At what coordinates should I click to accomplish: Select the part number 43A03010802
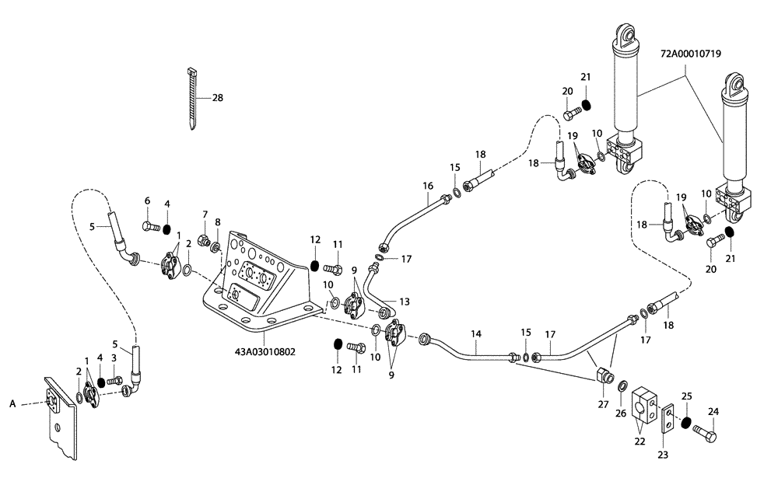point(265,351)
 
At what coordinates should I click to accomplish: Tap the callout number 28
point(217,98)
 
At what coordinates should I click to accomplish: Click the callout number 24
point(713,412)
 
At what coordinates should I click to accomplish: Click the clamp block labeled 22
point(646,405)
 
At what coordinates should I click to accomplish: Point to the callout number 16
point(427,186)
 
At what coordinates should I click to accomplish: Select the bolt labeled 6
point(150,227)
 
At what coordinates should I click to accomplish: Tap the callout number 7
point(205,214)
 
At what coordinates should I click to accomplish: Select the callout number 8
point(218,222)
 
